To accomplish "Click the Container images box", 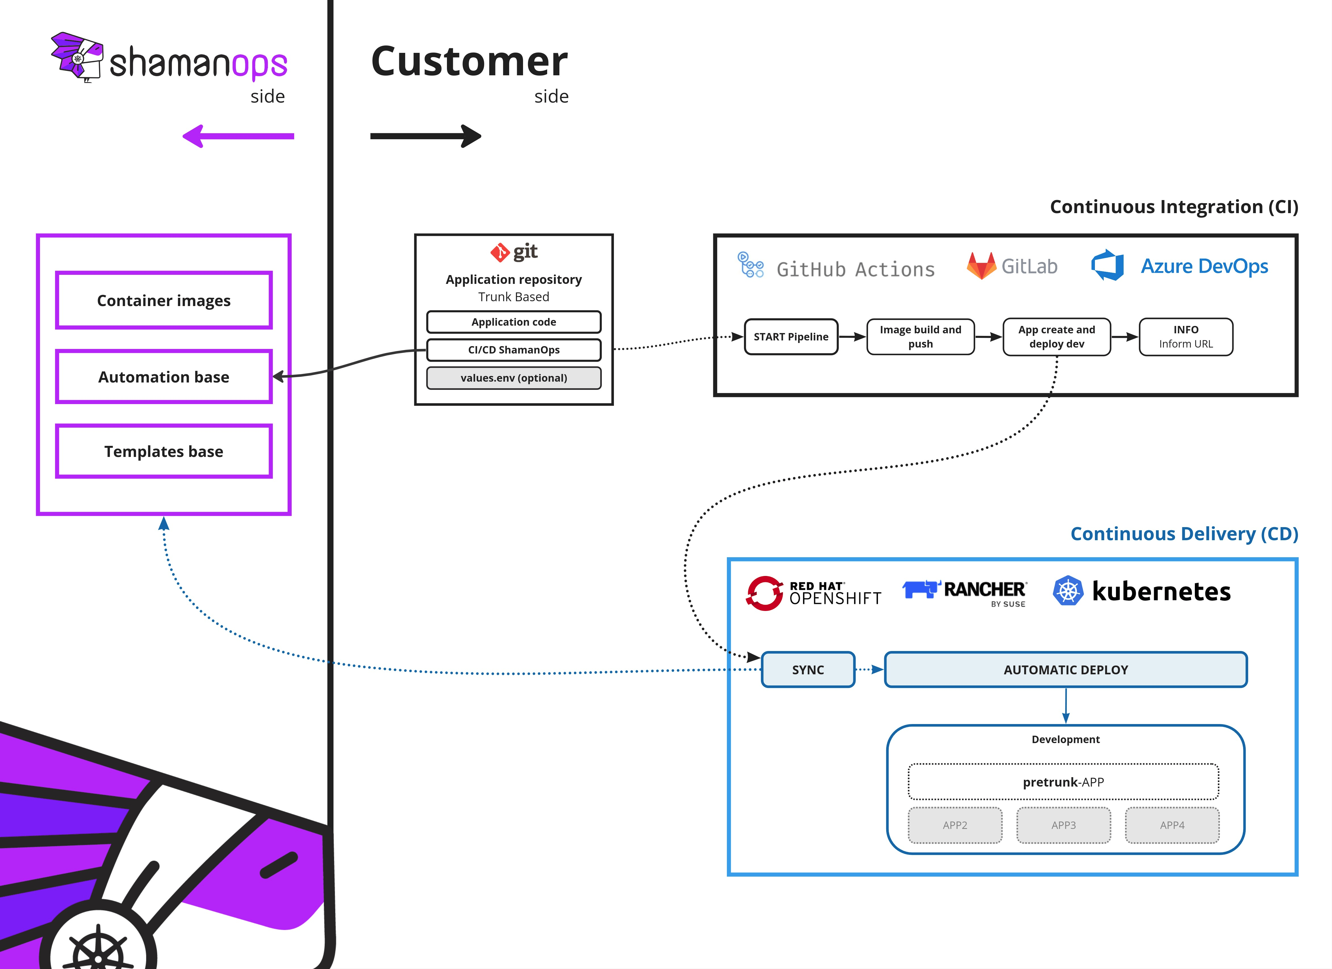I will pyautogui.click(x=164, y=300).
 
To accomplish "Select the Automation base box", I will pyautogui.click(x=164, y=377).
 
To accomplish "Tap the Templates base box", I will pyautogui.click(x=164, y=451).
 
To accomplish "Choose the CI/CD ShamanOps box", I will pyautogui.click(x=514, y=350).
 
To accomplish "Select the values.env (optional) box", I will pyautogui.click(x=514, y=378).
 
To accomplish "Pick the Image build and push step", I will pyautogui.click(x=920, y=337).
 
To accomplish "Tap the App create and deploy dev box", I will pyautogui.click(x=1057, y=337).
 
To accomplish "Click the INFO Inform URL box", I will pyautogui.click(x=1186, y=337).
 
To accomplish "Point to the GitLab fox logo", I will pyautogui.click(x=981, y=266).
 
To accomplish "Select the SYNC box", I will pyautogui.click(x=808, y=670).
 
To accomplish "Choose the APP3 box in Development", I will pyautogui.click(x=1064, y=825).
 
